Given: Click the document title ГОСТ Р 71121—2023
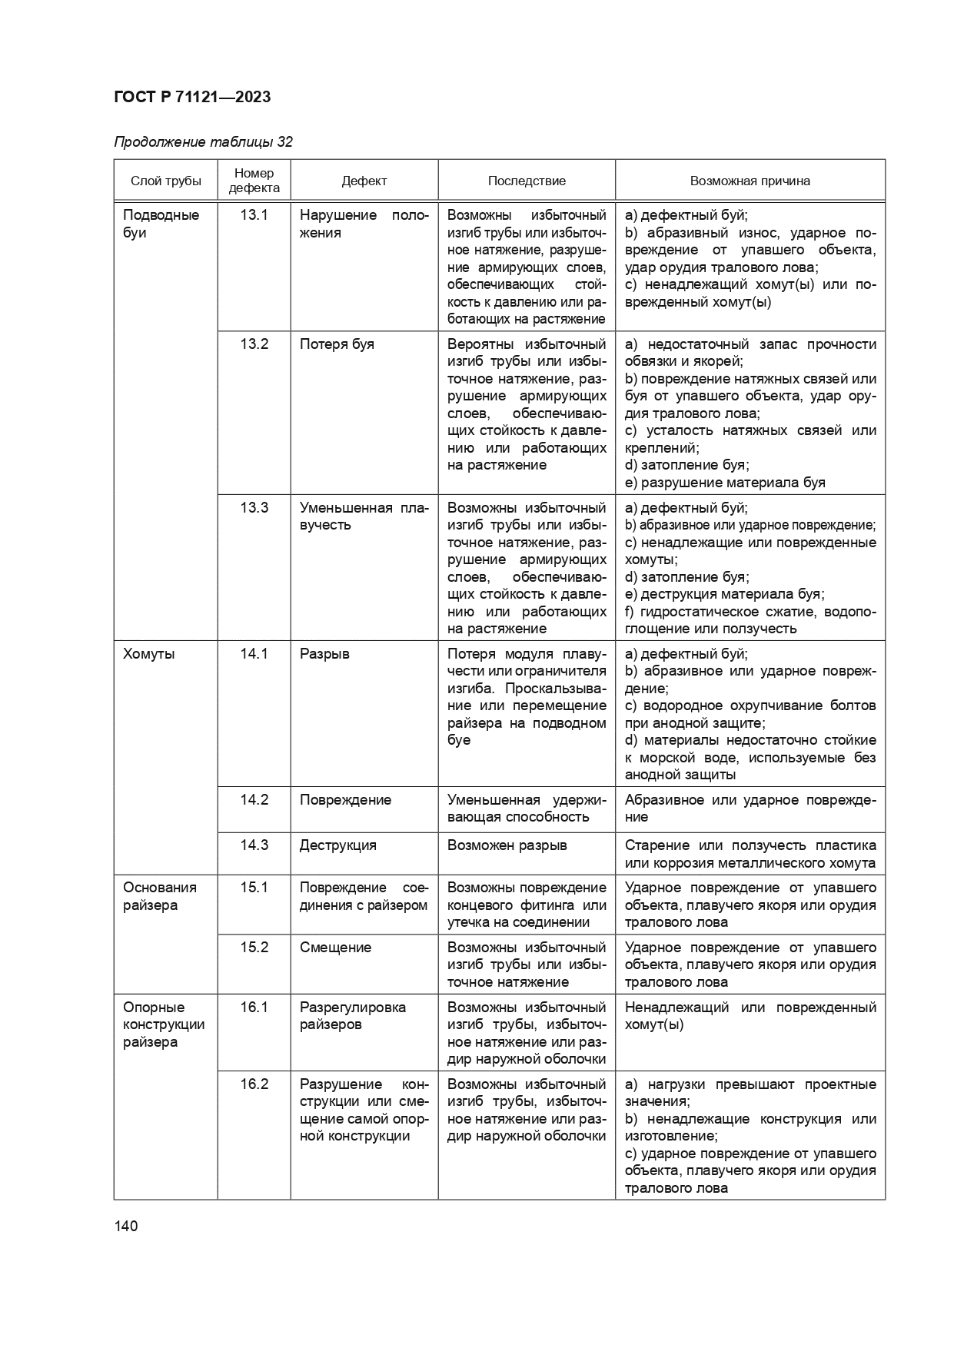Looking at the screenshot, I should pyautogui.click(x=192, y=97).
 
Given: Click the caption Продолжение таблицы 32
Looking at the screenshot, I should pyautogui.click(x=203, y=142).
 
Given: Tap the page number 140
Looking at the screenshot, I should pyautogui.click(x=125, y=1226).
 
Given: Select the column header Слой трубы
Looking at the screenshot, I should pyautogui.click(x=166, y=181).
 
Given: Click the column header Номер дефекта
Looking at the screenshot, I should pyautogui.click(x=254, y=181).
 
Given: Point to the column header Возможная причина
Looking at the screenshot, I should pyautogui.click(x=750, y=181).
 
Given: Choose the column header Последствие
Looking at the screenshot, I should pyautogui.click(x=527, y=181).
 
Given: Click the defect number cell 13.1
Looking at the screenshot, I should pyautogui.click(x=254, y=215).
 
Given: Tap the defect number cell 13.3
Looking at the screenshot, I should pyautogui.click(x=254, y=508).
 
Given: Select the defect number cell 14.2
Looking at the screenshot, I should pyautogui.click(x=254, y=800).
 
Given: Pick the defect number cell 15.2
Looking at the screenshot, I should pyautogui.click(x=254, y=948).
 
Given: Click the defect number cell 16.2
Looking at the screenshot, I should pyautogui.click(x=254, y=1084).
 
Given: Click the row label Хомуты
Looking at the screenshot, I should pyautogui.click(x=149, y=654).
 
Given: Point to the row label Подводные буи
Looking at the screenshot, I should pyautogui.click(x=161, y=224).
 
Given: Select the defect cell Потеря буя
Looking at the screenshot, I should pyautogui.click(x=337, y=344).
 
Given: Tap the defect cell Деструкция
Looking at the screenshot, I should pyautogui.click(x=338, y=845).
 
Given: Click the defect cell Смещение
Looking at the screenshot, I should pyautogui.click(x=335, y=948).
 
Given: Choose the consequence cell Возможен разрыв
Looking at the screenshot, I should pyautogui.click(x=507, y=845).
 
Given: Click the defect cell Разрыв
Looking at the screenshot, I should pyautogui.click(x=324, y=654).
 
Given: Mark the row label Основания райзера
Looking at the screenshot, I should pyautogui.click(x=160, y=896).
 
